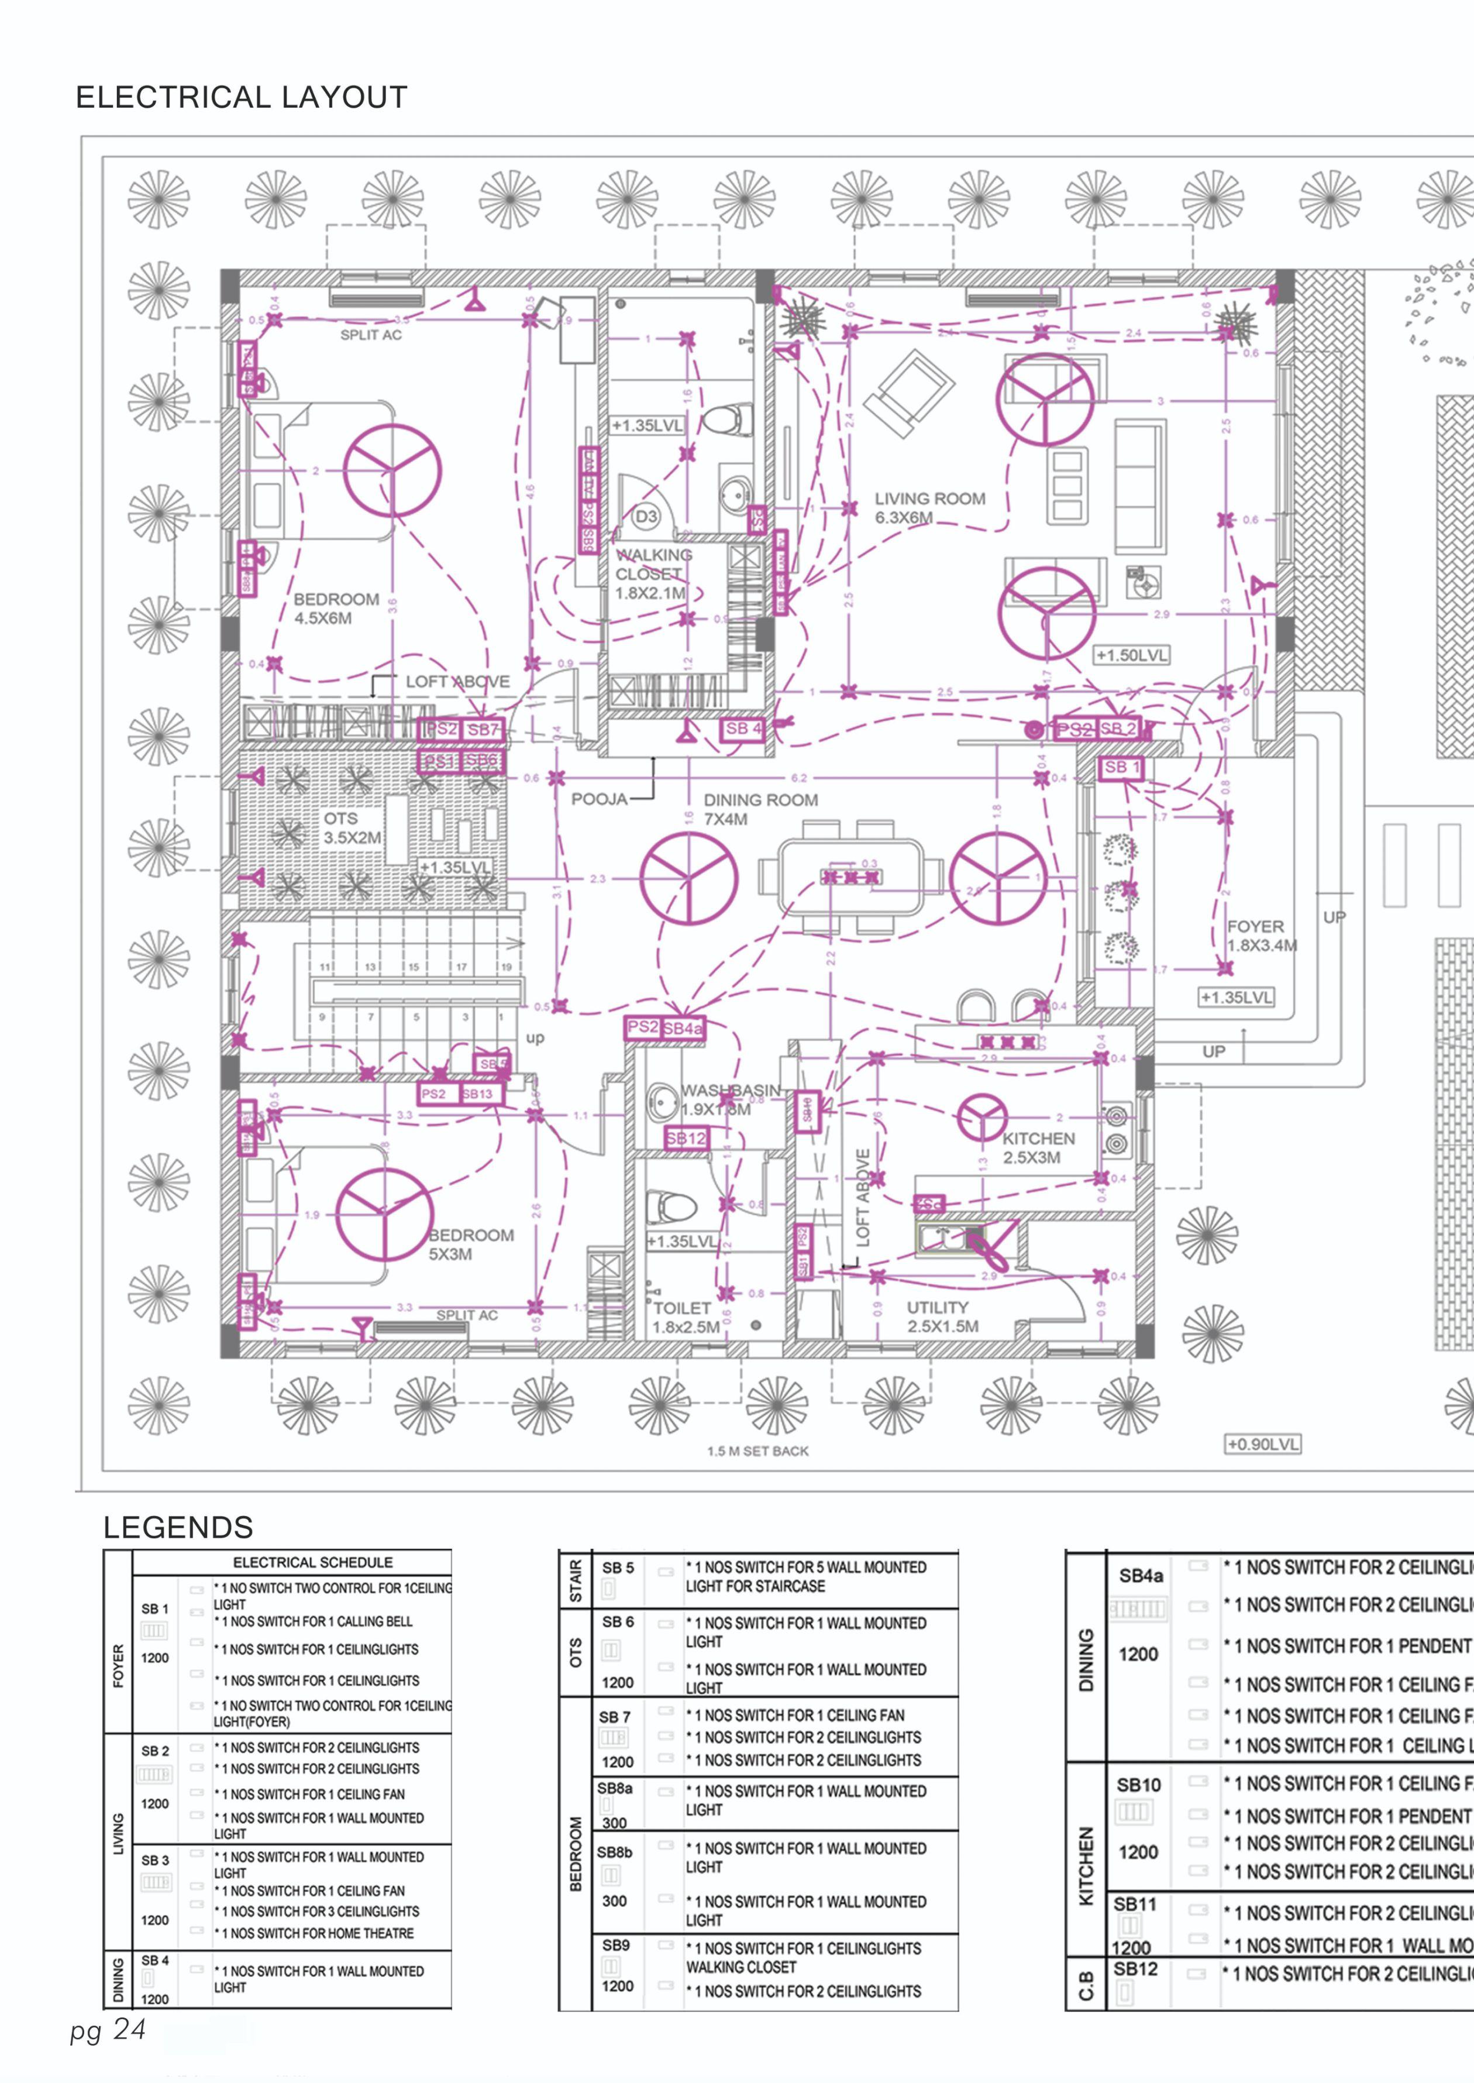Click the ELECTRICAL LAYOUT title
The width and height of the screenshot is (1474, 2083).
pyautogui.click(x=242, y=97)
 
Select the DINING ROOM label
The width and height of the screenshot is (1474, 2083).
pyautogui.click(x=760, y=800)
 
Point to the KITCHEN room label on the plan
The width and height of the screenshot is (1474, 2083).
pyautogui.click(x=1038, y=1139)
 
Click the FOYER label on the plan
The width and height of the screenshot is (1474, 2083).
pyautogui.click(x=1255, y=926)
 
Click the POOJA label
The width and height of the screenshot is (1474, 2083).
pyautogui.click(x=599, y=799)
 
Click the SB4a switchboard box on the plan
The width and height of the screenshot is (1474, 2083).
pyautogui.click(x=683, y=1029)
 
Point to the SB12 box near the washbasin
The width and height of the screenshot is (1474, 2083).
pyautogui.click(x=686, y=1137)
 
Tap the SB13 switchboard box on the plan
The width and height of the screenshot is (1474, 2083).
pyautogui.click(x=478, y=1094)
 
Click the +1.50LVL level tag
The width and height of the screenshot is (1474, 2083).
pyautogui.click(x=1132, y=655)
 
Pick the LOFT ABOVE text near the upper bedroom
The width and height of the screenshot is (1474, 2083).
pyautogui.click(x=457, y=682)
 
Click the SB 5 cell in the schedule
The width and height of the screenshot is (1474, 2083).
pyautogui.click(x=618, y=1568)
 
